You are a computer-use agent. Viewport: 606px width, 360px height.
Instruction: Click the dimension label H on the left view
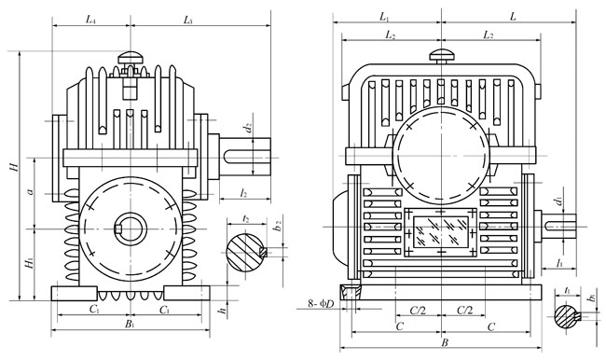pyautogui.click(x=14, y=167)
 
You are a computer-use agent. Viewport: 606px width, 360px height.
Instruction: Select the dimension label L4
pyautogui.click(x=90, y=20)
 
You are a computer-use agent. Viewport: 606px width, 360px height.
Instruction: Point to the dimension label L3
pyautogui.click(x=188, y=20)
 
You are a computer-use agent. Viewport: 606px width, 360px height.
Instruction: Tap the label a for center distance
pyautogui.click(x=31, y=191)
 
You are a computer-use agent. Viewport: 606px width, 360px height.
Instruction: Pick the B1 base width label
pyautogui.click(x=130, y=324)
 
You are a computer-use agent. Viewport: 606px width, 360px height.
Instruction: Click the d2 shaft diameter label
pyautogui.click(x=249, y=127)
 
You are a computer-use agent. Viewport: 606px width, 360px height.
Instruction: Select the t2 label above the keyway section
pyautogui.click(x=246, y=219)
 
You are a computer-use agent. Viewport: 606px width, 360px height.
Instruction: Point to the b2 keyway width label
pyautogui.click(x=277, y=226)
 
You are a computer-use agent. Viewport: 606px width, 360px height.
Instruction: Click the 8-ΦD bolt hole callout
pyautogui.click(x=321, y=304)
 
